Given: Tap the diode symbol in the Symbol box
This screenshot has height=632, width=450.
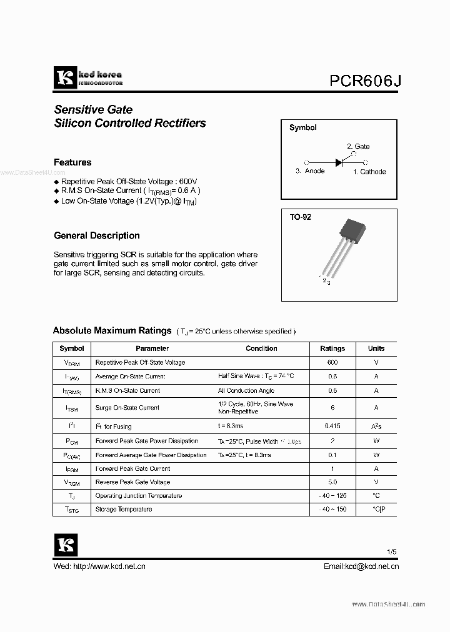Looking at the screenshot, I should [339, 162].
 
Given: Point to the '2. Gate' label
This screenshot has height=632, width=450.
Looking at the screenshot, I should [358, 146].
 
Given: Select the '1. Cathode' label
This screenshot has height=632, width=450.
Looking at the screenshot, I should [369, 172].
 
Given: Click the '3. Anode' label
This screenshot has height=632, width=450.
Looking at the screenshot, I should [310, 171].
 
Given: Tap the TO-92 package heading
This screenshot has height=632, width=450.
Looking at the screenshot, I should [300, 217].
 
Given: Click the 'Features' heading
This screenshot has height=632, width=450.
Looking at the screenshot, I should [72, 162].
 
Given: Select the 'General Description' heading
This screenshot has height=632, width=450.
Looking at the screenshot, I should [97, 235].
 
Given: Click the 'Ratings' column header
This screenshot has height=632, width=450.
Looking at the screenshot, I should [332, 348].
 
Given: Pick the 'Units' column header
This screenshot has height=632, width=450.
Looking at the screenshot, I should [376, 348].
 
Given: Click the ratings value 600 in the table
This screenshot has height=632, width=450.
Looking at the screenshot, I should [332, 362].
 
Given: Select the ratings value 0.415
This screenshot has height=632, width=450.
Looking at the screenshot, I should [332, 426].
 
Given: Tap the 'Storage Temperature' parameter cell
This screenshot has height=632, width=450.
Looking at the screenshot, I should [124, 509].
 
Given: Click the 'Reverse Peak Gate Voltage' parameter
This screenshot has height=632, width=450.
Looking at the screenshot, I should [132, 482].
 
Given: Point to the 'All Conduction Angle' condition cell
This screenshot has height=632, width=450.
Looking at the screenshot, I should [246, 390].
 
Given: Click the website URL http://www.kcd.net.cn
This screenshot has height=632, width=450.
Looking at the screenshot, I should [109, 566].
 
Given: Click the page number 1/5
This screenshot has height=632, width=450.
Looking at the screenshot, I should [391, 552].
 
